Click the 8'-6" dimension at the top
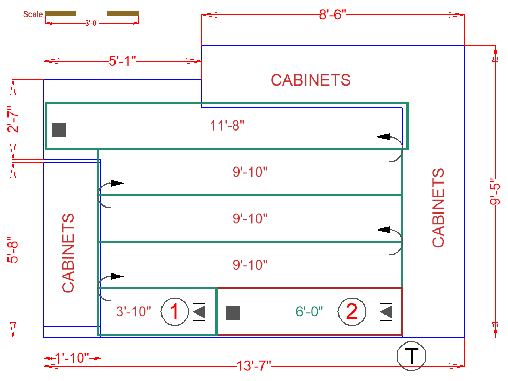click(333, 14)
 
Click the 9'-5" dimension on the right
click(495, 192)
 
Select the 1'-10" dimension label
click(72, 358)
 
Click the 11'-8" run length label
click(230, 126)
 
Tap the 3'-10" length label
click(134, 311)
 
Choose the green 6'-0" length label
click(309, 311)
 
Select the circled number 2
click(351, 311)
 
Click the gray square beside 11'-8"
click(59, 129)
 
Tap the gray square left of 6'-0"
click(233, 313)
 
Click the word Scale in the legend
click(33, 14)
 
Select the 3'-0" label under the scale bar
click(92, 22)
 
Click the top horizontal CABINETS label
click(310, 80)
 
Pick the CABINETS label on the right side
click(438, 208)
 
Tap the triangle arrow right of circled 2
click(387, 311)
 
